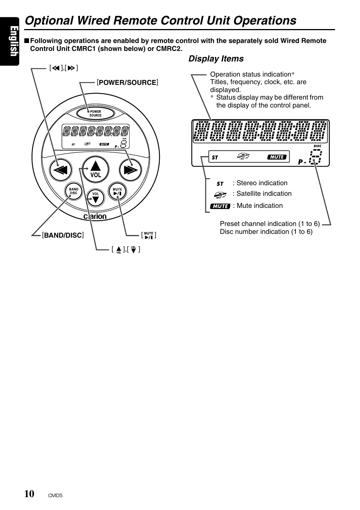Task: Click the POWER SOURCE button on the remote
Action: (x=95, y=113)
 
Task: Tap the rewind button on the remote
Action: (x=60, y=170)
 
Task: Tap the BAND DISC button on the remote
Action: (x=74, y=191)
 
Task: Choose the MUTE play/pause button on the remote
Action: (x=117, y=192)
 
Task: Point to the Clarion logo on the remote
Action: (x=95, y=217)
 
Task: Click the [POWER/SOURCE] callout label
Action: (x=127, y=83)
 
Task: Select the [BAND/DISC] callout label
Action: (x=63, y=235)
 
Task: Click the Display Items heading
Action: (x=216, y=59)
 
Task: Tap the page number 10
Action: (x=29, y=494)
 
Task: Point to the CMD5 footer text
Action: (x=55, y=496)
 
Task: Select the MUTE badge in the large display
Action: (x=277, y=157)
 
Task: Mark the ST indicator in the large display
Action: (x=215, y=157)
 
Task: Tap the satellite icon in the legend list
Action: (x=220, y=195)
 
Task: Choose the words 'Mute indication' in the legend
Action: (x=260, y=206)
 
